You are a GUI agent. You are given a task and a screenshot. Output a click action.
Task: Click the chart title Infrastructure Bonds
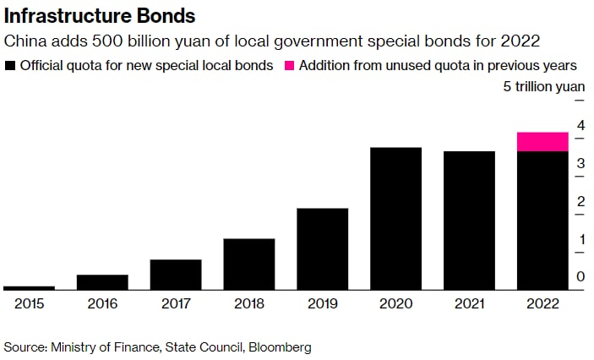100,15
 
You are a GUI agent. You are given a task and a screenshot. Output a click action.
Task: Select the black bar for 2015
29,287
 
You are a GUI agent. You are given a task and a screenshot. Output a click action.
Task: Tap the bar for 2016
102,281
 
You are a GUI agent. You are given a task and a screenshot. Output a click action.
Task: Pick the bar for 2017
176,274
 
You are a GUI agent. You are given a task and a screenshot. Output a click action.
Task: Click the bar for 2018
248,264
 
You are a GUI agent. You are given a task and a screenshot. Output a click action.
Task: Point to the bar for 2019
322,248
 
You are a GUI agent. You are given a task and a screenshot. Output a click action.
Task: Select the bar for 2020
395,218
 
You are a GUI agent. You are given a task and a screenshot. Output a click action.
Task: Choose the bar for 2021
469,220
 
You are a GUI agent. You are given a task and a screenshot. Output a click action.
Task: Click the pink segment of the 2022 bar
542,142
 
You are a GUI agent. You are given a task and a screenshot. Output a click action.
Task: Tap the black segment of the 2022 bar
542,220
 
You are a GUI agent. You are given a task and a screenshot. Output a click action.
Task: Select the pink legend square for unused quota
291,65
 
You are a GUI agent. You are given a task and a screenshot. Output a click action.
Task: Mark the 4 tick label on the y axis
580,126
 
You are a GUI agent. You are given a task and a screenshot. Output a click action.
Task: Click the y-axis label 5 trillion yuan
544,87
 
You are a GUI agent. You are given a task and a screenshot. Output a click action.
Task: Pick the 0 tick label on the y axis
580,277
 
